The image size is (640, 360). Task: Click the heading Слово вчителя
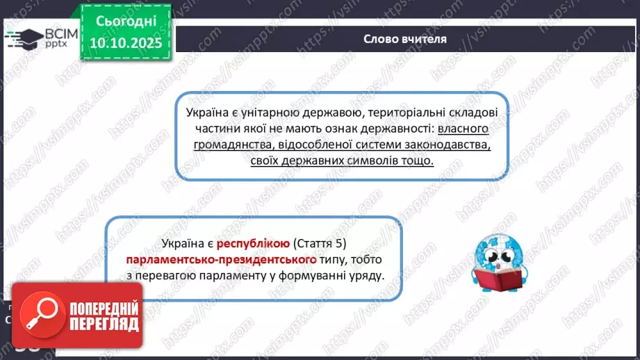pos(405,39)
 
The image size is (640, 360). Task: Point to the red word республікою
pos(253,244)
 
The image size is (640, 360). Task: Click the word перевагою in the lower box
pos(190,275)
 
